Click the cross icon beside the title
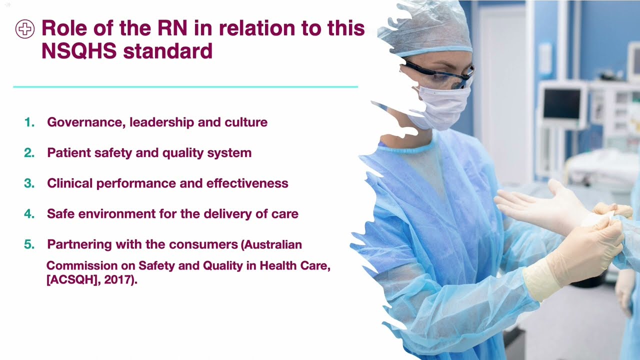25,29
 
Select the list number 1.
29,122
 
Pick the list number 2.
29,152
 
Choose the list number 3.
29,183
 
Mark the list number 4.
29,214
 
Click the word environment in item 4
107,214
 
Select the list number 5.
29,244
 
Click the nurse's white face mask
443,107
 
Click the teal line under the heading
185,87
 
